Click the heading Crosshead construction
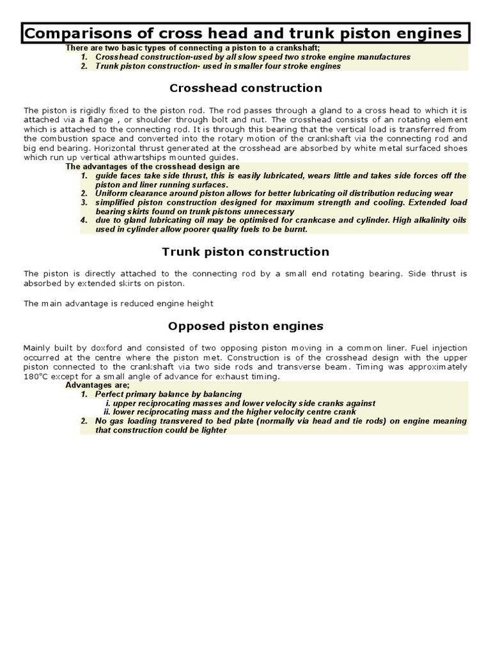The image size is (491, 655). (x=245, y=88)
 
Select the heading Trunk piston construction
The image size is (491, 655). (x=245, y=251)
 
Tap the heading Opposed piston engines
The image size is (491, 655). (x=245, y=326)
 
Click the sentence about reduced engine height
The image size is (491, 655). (x=118, y=303)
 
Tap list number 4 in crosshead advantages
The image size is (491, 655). (x=84, y=220)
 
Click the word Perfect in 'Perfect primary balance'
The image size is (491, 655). (x=110, y=394)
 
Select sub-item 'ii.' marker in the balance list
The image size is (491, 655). (x=108, y=412)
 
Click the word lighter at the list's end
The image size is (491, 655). (x=213, y=430)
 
